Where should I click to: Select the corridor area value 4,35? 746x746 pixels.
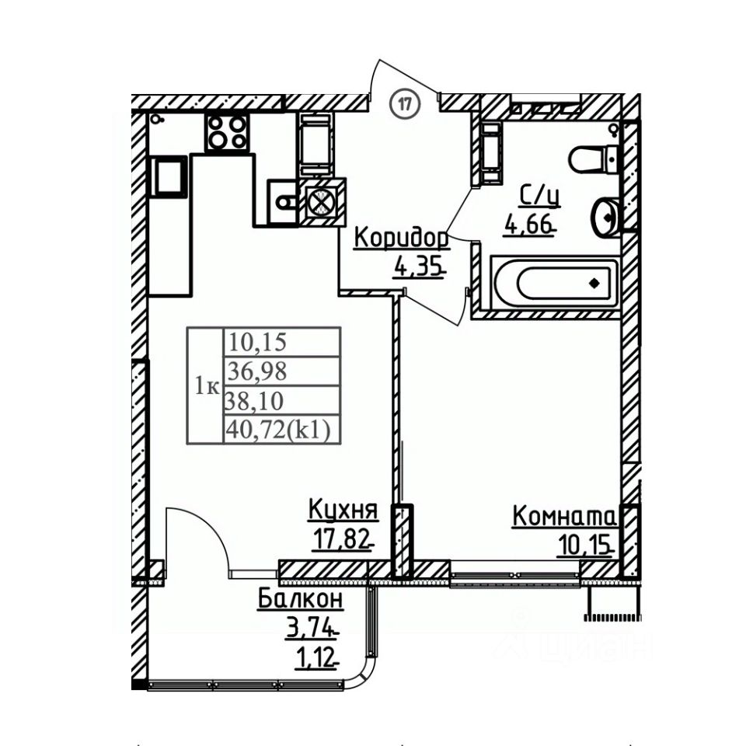tap(419, 268)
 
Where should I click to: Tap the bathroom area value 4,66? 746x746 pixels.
tap(531, 226)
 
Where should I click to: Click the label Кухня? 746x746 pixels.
tap(343, 511)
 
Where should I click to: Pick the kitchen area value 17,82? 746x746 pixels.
tap(341, 540)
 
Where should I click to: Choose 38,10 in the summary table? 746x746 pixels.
tap(254, 401)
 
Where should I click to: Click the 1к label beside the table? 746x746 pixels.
tap(206, 385)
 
